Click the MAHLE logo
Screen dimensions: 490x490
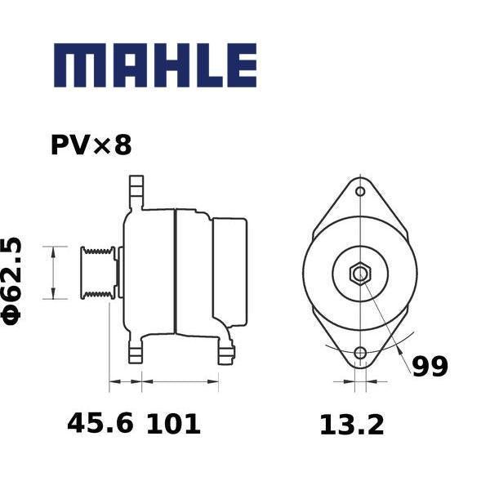pyautogui.click(x=155, y=65)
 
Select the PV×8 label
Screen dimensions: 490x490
pyautogui.click(x=91, y=145)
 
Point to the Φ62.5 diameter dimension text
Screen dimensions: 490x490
pyautogui.click(x=12, y=281)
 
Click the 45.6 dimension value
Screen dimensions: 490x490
pyautogui.click(x=100, y=423)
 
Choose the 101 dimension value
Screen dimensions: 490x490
pyautogui.click(x=173, y=423)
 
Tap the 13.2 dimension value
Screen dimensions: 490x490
pyautogui.click(x=352, y=425)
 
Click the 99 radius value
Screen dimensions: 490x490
pyautogui.click(x=430, y=366)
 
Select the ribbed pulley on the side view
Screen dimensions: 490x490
pyautogui.click(x=99, y=273)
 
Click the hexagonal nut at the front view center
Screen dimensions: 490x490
pyautogui.click(x=360, y=273)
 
